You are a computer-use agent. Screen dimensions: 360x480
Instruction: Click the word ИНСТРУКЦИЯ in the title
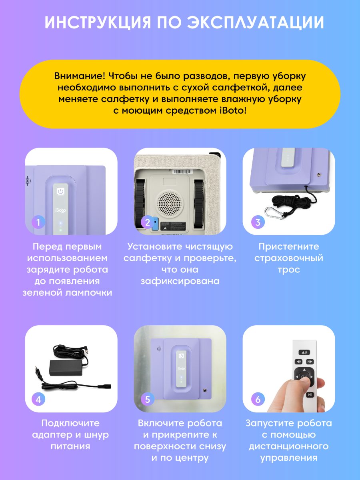(x=98, y=22)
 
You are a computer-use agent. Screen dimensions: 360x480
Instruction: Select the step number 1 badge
(x=38, y=222)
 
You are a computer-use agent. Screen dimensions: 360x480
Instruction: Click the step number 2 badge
(x=147, y=222)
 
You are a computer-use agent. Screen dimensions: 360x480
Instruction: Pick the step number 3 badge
(x=258, y=222)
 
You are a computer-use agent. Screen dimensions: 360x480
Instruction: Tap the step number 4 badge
(x=38, y=400)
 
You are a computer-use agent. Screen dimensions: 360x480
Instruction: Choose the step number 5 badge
(x=147, y=400)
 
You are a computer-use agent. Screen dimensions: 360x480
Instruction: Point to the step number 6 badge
(x=258, y=400)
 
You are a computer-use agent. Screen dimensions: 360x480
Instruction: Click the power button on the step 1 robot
(x=60, y=191)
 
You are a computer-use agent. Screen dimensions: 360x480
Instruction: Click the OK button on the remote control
(x=304, y=376)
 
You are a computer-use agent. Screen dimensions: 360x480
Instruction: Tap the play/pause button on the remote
(x=310, y=395)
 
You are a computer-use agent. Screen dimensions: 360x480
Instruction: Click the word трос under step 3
(x=289, y=270)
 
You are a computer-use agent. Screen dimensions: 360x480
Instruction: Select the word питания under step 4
(x=70, y=446)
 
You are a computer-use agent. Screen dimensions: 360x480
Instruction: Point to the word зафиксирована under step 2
(x=180, y=281)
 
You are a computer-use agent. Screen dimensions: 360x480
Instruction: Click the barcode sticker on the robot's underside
(x=183, y=171)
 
